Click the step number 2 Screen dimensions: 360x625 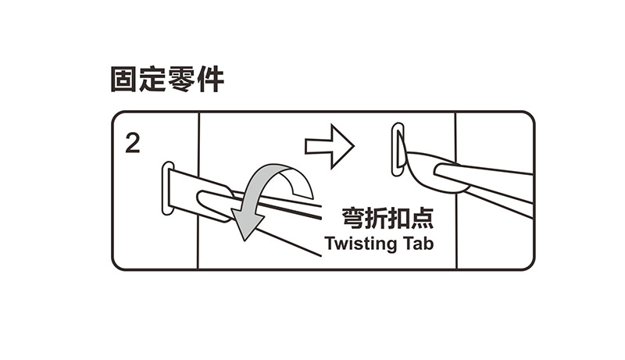coord(133,144)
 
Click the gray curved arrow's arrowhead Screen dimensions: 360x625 coord(248,226)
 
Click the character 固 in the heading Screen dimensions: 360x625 coord(124,80)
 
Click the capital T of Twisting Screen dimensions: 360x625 coord(328,243)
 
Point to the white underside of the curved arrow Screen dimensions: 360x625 coord(298,184)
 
